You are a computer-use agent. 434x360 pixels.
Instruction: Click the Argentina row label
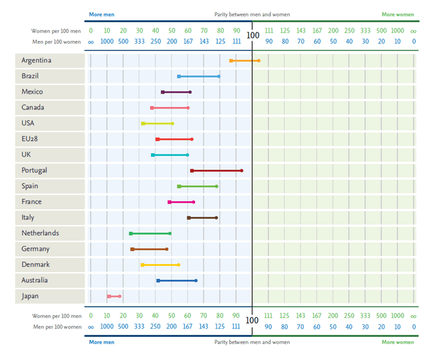coord(36,61)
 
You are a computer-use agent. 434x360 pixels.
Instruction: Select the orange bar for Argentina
coord(245,61)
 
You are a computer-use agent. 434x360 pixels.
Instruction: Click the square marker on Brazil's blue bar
coord(179,77)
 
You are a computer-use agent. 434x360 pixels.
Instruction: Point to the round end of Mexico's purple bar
coord(190,92)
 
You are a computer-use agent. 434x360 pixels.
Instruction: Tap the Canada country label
coord(33,108)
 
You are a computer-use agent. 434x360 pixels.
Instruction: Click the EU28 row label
coord(30,139)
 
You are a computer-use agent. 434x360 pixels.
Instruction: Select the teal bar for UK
coord(170,155)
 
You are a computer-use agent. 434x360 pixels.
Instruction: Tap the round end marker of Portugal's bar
coord(241,171)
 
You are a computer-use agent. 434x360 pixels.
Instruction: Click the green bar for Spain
coord(198,186)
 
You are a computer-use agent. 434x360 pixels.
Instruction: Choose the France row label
coord(32,202)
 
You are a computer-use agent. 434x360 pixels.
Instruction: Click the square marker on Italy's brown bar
coord(189,218)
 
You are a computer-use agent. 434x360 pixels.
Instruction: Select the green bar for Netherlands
coord(150,233)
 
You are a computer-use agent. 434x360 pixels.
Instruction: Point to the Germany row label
coord(36,249)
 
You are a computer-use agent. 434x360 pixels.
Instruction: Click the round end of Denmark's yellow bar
coord(179,265)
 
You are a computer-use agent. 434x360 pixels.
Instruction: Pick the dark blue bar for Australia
coord(177,281)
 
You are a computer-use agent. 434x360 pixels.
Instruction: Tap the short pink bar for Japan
coord(115,296)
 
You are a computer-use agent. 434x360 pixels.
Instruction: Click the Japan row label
coord(30,296)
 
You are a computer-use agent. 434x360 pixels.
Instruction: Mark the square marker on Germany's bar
coord(132,249)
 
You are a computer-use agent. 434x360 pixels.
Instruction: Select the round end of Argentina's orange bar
coord(259,61)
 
